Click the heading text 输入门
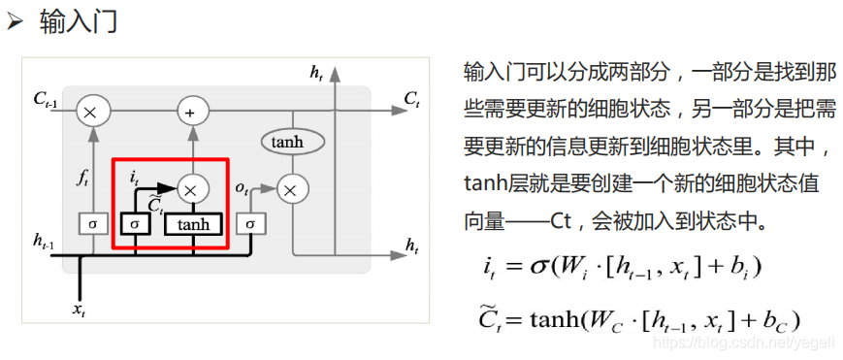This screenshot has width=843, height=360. [79, 22]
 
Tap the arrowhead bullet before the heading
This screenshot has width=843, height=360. [16, 22]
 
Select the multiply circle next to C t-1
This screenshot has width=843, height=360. [91, 112]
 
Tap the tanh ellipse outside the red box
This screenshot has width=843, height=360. [288, 143]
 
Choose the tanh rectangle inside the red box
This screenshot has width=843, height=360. [193, 224]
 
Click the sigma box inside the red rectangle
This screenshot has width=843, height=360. [134, 224]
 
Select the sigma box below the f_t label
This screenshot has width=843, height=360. [92, 224]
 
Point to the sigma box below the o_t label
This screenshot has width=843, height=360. [250, 224]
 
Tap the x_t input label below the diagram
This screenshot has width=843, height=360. [79, 310]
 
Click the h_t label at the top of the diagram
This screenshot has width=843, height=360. [316, 72]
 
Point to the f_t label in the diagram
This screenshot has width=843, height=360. [82, 179]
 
